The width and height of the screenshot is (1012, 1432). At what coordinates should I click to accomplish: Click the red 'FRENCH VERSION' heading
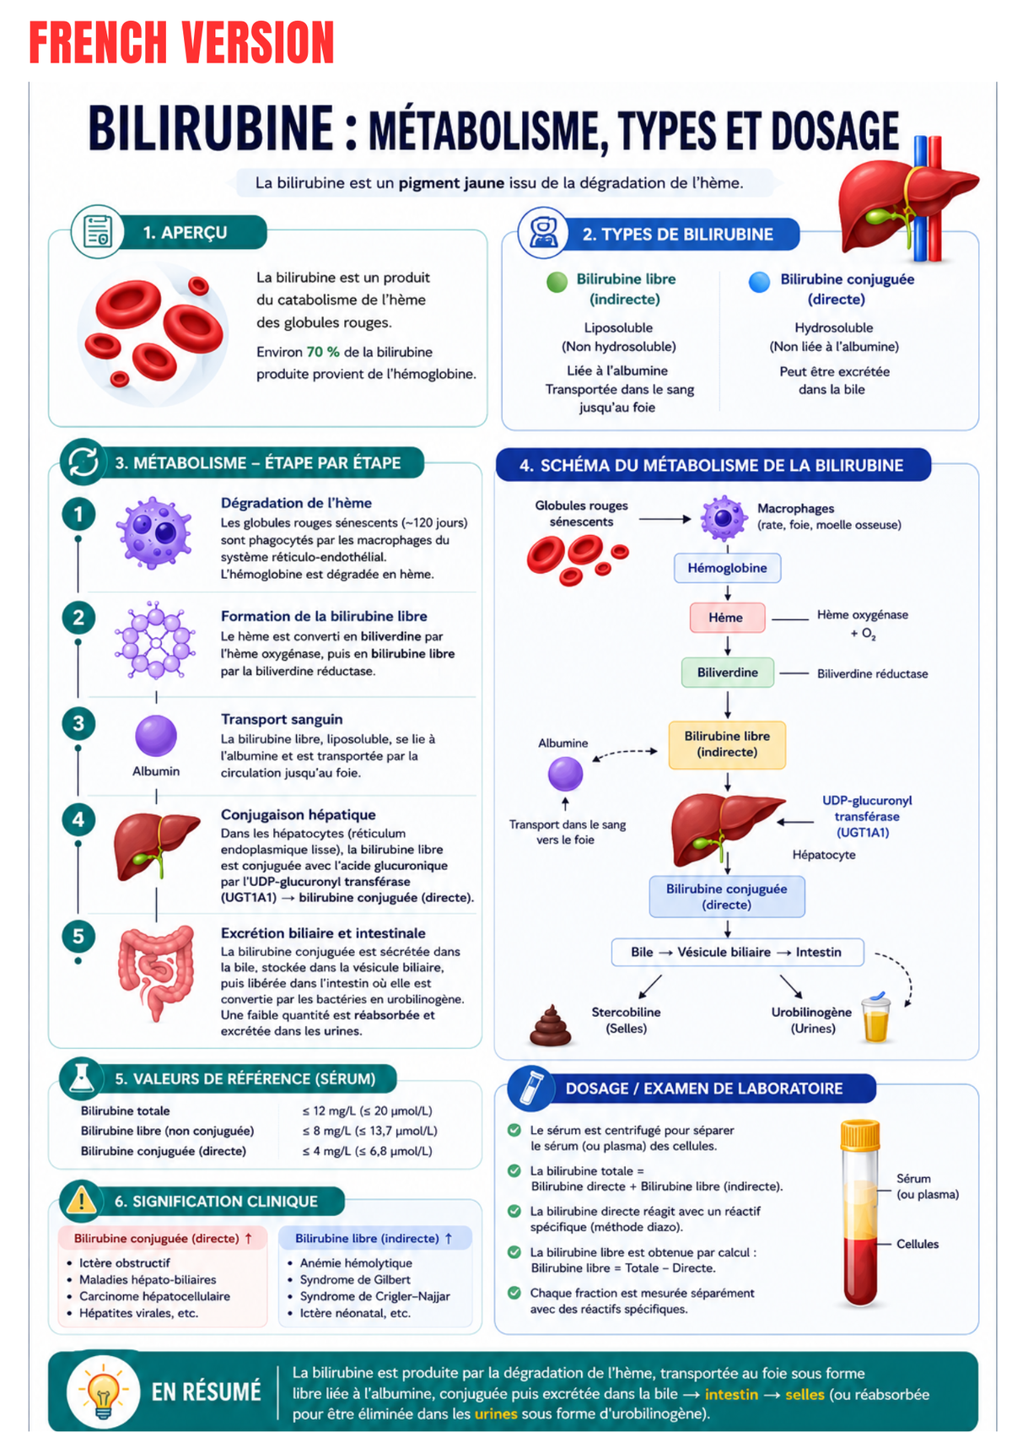(x=181, y=42)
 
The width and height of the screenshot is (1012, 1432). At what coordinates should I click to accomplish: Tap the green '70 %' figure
(x=323, y=352)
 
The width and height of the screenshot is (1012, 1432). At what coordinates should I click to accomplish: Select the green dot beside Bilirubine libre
(x=557, y=281)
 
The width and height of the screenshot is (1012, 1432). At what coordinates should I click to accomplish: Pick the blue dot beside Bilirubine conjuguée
(x=759, y=281)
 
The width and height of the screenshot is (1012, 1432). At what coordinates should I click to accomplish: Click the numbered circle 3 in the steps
(x=78, y=723)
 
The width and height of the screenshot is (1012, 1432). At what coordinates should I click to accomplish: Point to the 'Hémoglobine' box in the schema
(x=727, y=568)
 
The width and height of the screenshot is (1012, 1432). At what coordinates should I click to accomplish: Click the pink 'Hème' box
(x=727, y=618)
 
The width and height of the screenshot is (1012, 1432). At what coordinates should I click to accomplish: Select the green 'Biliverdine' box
(x=727, y=673)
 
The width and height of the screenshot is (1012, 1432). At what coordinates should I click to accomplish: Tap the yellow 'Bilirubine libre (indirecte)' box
(x=727, y=744)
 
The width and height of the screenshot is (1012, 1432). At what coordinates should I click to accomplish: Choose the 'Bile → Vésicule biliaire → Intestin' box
(x=737, y=952)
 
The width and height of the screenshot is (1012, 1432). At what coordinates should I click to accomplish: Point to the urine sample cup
(x=875, y=1017)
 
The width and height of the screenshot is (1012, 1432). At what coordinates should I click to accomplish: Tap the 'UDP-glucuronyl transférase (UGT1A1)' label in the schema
(x=866, y=816)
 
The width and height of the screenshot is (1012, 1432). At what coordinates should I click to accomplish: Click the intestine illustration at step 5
(x=156, y=973)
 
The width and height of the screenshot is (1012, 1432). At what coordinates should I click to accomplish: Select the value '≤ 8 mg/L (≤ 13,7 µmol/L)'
(x=370, y=1130)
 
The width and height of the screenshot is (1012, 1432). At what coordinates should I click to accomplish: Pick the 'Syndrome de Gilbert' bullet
(x=355, y=1279)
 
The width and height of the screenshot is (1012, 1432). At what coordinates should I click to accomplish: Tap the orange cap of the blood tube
(x=860, y=1134)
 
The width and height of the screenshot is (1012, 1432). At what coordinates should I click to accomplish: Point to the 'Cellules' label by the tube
(x=918, y=1244)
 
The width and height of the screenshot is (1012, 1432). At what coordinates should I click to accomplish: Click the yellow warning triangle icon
(x=81, y=1199)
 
